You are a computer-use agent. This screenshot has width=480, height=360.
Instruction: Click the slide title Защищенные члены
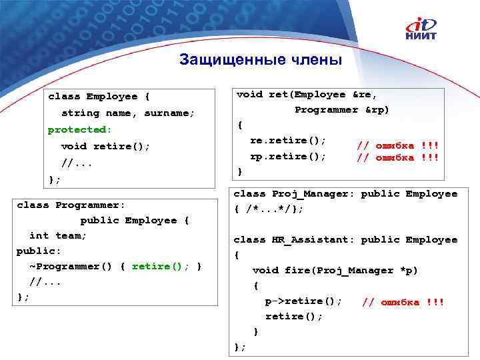260,60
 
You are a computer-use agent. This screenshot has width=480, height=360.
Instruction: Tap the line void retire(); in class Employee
105,146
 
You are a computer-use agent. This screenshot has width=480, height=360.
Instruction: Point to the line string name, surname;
127,113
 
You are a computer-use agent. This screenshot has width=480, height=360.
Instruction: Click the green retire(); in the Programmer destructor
161,267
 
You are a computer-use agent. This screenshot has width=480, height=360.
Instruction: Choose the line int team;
59,235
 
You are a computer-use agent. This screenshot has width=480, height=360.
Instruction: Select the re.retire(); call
288,140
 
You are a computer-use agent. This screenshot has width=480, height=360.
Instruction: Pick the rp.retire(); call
288,155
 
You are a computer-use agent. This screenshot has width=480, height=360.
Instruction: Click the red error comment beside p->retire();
402,302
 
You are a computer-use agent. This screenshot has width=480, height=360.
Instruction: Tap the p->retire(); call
303,301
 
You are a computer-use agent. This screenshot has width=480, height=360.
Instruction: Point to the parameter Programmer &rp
341,109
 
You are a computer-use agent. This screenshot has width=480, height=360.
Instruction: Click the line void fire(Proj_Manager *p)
335,270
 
